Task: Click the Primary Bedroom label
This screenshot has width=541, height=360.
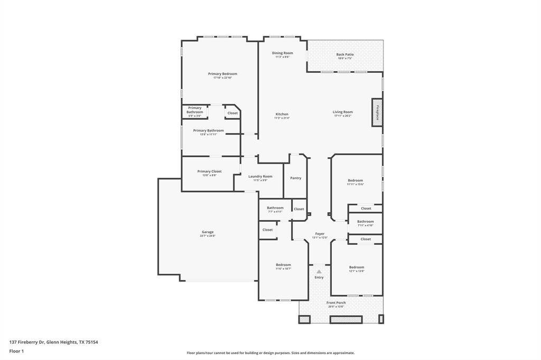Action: [x=222, y=74]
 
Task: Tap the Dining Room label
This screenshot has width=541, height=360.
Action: [x=282, y=53]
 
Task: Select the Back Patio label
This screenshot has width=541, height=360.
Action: [x=344, y=54]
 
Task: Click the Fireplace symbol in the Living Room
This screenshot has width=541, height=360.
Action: [x=377, y=112]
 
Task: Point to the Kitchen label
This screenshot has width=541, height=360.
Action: [x=282, y=114]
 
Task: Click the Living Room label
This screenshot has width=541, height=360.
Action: [x=342, y=112]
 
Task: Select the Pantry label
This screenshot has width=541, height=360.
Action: [x=295, y=178]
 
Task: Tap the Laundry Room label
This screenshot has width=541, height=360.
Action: [x=260, y=176]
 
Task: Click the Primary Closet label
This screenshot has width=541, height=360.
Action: [x=209, y=171]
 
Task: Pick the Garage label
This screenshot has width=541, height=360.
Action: [x=207, y=232]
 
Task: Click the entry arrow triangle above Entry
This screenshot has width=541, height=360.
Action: [x=319, y=271]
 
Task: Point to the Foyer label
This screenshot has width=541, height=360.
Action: [x=320, y=233]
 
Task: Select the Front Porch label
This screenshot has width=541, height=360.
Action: [x=336, y=302]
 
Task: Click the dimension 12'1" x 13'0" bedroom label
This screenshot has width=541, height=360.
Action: [x=356, y=267]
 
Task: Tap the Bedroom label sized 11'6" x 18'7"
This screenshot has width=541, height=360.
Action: [x=283, y=264]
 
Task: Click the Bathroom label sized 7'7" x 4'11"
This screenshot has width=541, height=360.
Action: [x=275, y=207]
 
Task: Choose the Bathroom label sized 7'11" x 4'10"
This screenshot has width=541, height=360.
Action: [x=365, y=221]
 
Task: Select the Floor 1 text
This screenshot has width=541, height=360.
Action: [x=17, y=350]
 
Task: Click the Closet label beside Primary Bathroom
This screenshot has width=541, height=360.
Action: [x=232, y=113]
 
